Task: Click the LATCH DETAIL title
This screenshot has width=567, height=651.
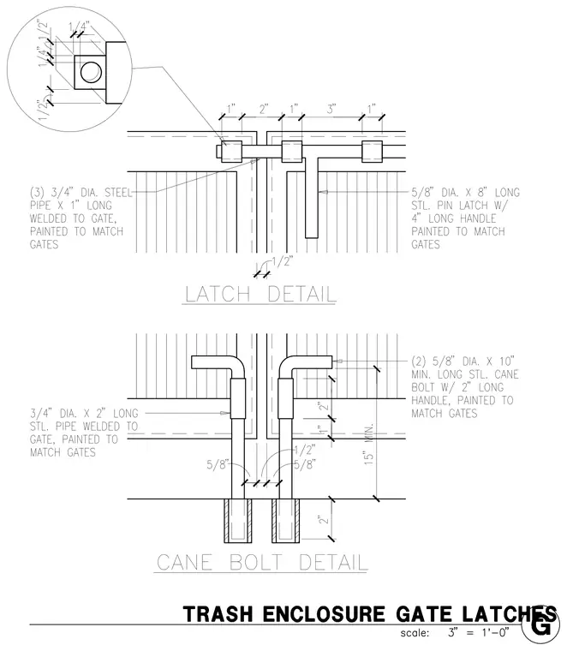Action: [x=260, y=294]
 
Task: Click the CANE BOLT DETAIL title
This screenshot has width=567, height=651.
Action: [x=262, y=563]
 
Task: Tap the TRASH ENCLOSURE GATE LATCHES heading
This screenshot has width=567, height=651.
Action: [x=369, y=614]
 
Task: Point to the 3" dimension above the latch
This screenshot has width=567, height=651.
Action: [x=331, y=110]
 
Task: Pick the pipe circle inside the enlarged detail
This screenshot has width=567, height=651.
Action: [x=91, y=72]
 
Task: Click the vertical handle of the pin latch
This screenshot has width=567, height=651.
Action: [x=312, y=198]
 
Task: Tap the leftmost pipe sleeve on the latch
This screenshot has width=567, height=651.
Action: [x=231, y=152]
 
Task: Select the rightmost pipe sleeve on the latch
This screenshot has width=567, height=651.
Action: [x=372, y=152]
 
